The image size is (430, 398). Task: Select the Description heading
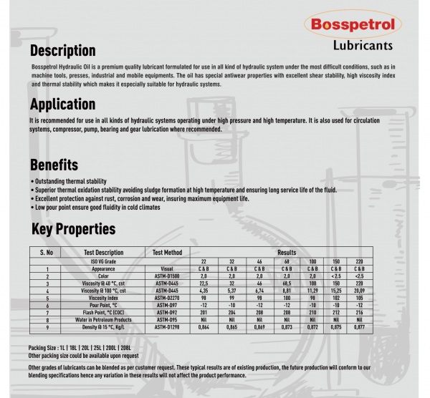[62, 51]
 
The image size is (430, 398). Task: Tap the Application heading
[62, 105]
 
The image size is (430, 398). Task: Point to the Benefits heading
[54, 165]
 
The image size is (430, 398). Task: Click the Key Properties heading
[73, 229]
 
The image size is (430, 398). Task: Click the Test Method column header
[168, 253]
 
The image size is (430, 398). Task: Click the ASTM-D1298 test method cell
[168, 326]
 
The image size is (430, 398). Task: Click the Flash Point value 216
[360, 312]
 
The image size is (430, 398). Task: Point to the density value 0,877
[360, 326]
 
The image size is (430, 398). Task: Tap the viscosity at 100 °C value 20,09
[360, 291]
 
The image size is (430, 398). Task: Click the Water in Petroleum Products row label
[104, 319]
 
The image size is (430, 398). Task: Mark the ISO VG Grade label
[104, 261]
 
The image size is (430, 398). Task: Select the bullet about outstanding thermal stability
[70, 182]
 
